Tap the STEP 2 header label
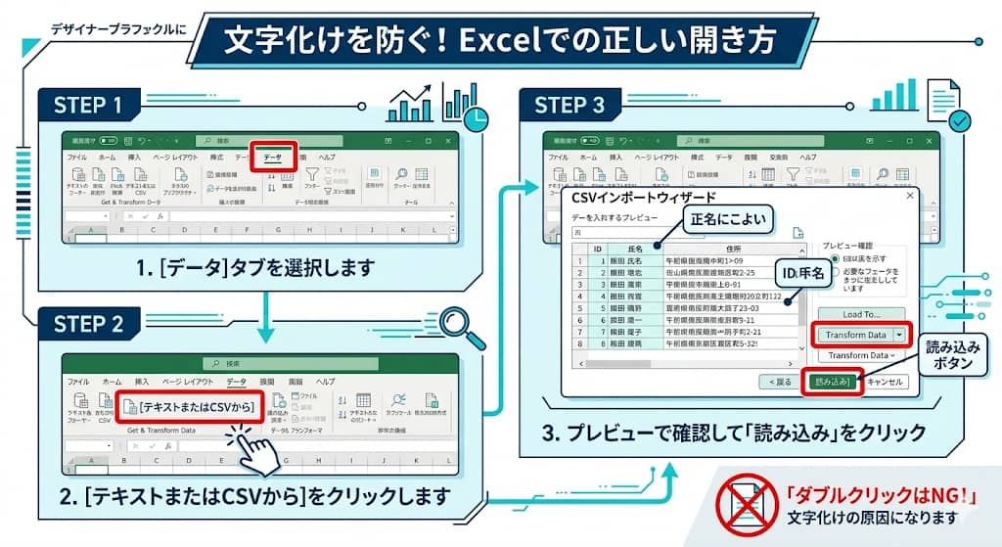tap(88, 324)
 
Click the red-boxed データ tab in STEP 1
tap(273, 157)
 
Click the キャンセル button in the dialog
tap(885, 382)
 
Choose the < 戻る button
tap(780, 382)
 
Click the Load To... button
tap(861, 314)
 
